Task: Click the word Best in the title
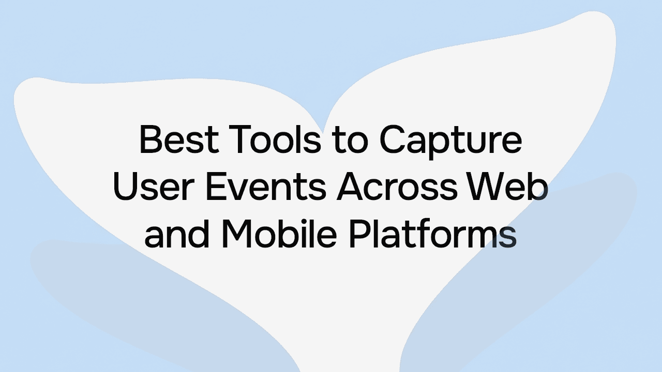[177, 141]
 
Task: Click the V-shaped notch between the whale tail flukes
[323, 129]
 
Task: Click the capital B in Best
[149, 141]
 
